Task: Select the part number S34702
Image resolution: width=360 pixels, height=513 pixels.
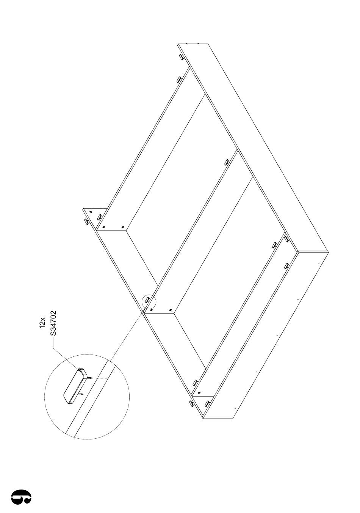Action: [53, 323]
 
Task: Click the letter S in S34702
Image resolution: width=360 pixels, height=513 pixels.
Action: [53, 334]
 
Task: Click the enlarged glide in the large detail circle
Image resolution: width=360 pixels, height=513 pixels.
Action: [75, 387]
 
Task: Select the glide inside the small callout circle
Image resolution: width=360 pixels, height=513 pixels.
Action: [147, 299]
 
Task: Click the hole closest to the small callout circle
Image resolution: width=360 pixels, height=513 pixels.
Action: [152, 310]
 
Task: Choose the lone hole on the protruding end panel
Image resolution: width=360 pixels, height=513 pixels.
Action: [91, 212]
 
